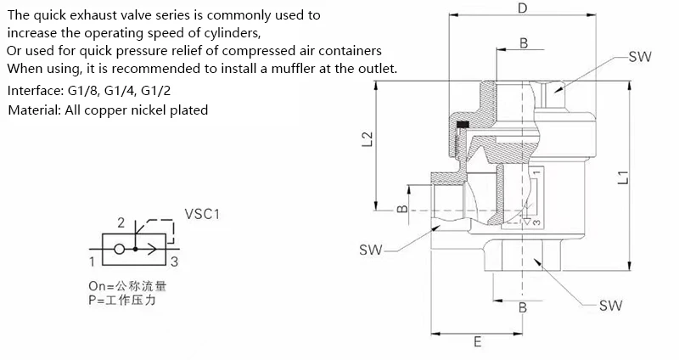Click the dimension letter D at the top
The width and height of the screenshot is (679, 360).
pos(523,9)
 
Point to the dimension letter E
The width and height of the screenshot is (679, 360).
pos(477,342)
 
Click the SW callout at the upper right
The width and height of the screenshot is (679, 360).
pos(641,57)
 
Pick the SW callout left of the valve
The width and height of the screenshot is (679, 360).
pos(371,250)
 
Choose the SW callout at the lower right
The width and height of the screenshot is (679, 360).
pos(611,305)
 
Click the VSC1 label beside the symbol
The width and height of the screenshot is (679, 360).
pos(202,215)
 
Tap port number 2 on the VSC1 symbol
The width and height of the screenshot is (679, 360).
pos(121,223)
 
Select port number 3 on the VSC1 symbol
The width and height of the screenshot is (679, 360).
pos(174,262)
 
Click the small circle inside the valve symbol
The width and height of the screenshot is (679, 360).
pos(121,250)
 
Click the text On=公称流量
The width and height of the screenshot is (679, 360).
pos(126,286)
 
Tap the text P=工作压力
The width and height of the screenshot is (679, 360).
pos(123,301)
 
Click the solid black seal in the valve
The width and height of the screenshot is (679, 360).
pos(463,126)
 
